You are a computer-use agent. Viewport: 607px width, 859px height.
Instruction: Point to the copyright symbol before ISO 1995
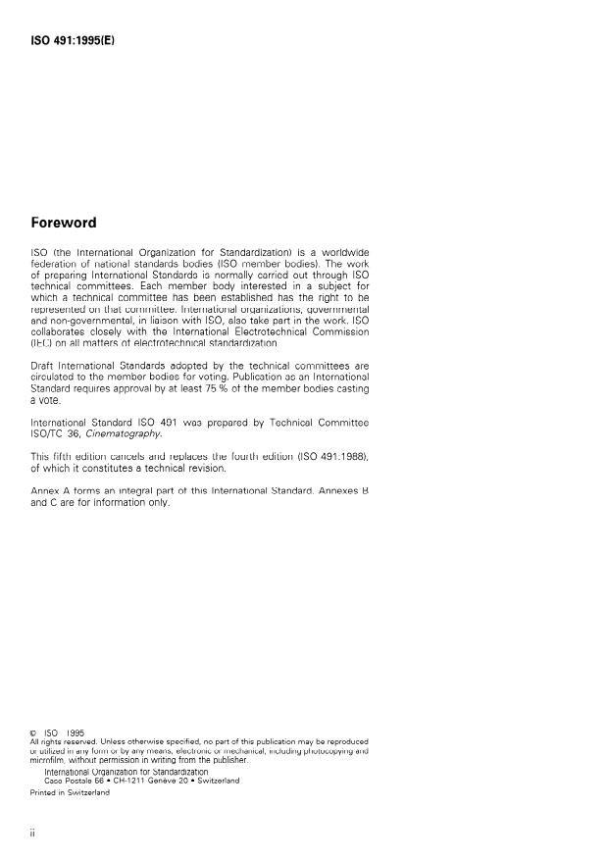35,733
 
